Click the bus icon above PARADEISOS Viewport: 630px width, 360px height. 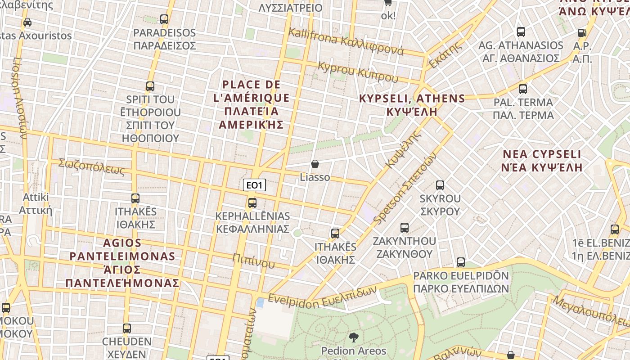164,19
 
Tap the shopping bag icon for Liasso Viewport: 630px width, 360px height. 315,164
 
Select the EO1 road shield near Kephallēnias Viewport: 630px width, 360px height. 254,185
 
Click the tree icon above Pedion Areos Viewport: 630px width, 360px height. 353,337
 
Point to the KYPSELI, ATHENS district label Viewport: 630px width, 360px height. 412,105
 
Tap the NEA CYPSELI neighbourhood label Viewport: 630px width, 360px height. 542,161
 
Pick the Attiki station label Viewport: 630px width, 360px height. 36,203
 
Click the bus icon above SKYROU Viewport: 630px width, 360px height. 440,185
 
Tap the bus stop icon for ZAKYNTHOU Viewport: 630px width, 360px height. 405,228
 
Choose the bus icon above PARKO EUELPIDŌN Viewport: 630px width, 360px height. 461,262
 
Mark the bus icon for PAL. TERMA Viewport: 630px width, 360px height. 523,89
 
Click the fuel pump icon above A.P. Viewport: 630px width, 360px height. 582,32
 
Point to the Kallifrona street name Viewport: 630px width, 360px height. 346,41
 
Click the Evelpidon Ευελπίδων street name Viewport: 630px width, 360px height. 322,296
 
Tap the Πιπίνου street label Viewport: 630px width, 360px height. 253,260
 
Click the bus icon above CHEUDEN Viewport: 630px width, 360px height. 127,328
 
